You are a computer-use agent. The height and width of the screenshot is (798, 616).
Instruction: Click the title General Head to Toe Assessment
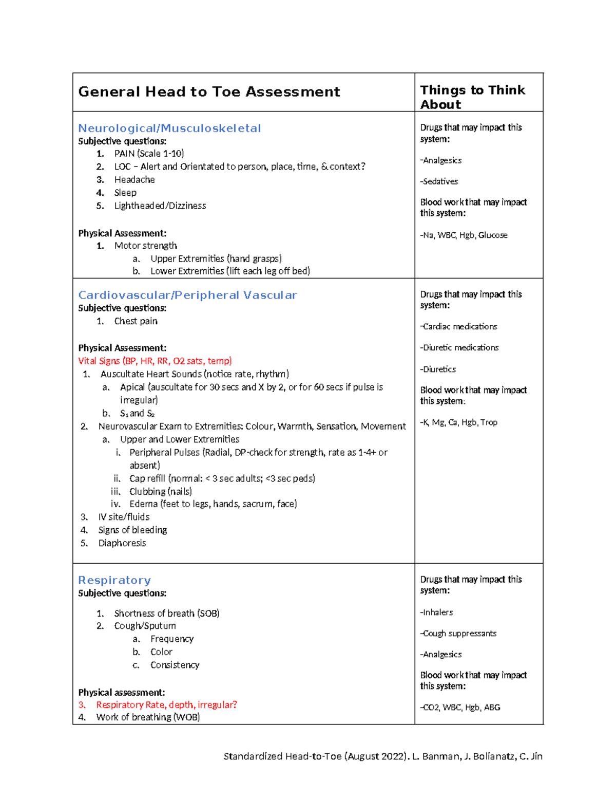tap(209, 92)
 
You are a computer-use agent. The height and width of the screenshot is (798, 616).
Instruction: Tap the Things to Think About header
tap(472, 97)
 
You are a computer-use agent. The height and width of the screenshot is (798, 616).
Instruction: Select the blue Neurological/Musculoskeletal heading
tap(169, 128)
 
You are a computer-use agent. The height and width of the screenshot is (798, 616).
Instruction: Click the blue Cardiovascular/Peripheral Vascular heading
tap(187, 295)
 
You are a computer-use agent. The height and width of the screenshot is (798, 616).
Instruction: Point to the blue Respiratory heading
tap(114, 580)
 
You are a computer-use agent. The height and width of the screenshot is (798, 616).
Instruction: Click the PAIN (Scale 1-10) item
tap(149, 154)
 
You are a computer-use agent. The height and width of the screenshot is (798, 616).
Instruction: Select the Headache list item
tap(134, 180)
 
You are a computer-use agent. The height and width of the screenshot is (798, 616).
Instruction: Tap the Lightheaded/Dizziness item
tap(160, 206)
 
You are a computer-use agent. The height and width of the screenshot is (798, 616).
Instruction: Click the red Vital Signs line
tap(155, 361)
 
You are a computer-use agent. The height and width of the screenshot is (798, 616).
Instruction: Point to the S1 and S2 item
tap(137, 414)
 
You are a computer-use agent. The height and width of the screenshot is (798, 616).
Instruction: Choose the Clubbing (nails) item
tap(161, 492)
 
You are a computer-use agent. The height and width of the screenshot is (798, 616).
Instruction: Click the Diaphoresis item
tap(122, 543)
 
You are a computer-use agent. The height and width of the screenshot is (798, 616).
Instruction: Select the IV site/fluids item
tap(124, 517)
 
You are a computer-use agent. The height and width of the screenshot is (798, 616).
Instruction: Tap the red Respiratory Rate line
tap(166, 705)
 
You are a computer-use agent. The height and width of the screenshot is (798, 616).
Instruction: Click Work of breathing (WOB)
tap(148, 717)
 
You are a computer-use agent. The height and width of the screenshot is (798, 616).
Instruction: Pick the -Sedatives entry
tap(439, 181)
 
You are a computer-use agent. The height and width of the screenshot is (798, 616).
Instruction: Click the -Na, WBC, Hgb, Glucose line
tap(464, 235)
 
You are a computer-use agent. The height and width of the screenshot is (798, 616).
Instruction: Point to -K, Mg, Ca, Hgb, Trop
tap(459, 422)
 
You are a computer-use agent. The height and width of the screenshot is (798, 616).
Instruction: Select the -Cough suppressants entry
tap(458, 634)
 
